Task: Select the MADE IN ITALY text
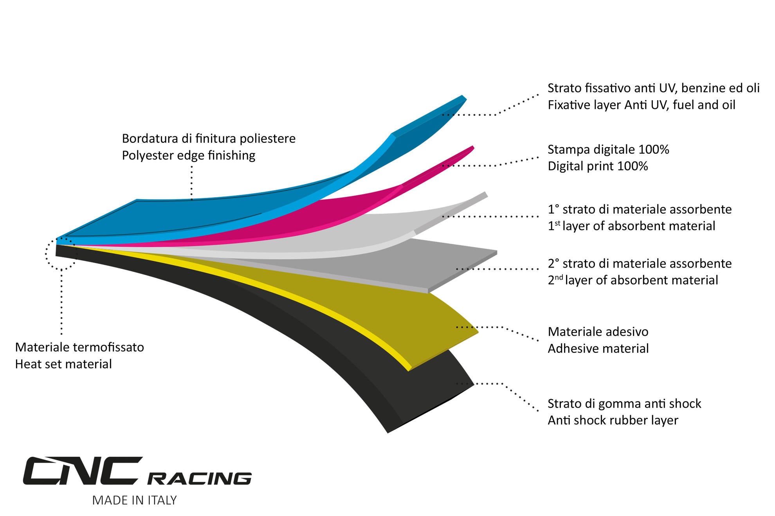[x=134, y=500]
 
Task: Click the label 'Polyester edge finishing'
[x=189, y=155]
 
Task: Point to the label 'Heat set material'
[x=63, y=364]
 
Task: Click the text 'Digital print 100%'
[x=598, y=166]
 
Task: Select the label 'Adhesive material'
[x=598, y=349]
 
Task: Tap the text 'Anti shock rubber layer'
[x=613, y=420]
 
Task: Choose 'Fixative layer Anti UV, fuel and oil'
[x=641, y=105]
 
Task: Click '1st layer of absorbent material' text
[x=631, y=226]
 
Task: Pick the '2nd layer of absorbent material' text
[x=633, y=280]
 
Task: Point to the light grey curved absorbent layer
[x=352, y=235]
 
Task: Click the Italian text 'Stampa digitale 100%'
[x=608, y=149]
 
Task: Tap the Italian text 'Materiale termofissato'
[x=79, y=347]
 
